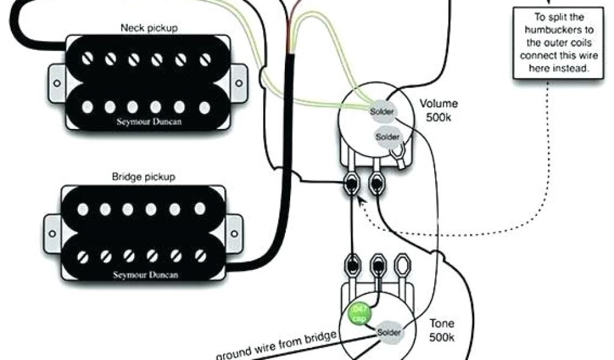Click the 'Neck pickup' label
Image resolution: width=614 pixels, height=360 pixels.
149,28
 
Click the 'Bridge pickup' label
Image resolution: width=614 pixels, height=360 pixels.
143,177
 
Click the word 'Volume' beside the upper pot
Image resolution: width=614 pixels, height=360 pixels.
438,103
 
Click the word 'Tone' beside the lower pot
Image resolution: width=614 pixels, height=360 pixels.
442,324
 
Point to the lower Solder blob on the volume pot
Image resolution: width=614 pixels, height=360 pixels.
387,137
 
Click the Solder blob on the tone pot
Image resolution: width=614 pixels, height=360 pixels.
389,331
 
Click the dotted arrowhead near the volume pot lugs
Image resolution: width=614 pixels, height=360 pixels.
360,202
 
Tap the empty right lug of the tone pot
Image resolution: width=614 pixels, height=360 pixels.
403,264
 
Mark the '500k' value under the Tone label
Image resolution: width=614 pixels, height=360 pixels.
442,338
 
